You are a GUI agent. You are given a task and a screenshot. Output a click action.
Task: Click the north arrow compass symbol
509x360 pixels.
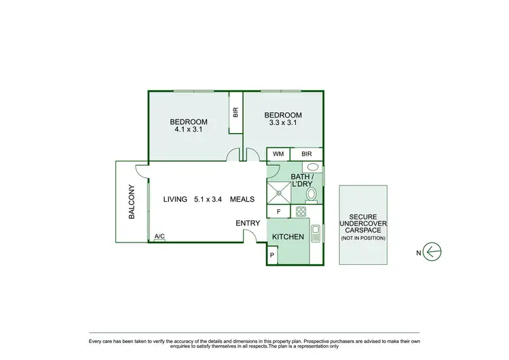tap(434, 251)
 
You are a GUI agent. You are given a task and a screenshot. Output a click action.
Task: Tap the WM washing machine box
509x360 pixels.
tap(278, 154)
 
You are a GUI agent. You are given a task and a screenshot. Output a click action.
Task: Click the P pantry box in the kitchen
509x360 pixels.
tap(273, 255)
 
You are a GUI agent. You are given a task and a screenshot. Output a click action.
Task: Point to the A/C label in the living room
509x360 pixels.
tap(159, 236)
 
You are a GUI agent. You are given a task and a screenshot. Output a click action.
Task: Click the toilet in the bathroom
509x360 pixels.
tap(312, 195)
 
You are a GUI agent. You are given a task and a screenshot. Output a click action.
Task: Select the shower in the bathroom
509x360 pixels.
tap(278, 193)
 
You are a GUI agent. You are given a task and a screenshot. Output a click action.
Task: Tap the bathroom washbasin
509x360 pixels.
tap(313, 167)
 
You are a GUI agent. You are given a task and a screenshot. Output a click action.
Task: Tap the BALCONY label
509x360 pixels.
tap(132, 202)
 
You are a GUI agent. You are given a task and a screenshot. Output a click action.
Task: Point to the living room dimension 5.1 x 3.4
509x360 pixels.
tap(207, 199)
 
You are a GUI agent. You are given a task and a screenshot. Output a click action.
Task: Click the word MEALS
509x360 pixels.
tap(242, 199)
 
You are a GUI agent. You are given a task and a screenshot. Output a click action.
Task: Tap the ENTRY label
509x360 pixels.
tap(248, 223)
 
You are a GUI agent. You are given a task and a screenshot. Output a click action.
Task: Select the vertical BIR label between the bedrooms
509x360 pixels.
tap(235, 113)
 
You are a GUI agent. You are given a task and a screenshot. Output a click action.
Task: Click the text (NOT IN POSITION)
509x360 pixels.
tap(363, 238)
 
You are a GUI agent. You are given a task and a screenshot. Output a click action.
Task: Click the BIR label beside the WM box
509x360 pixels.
tap(307, 154)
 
